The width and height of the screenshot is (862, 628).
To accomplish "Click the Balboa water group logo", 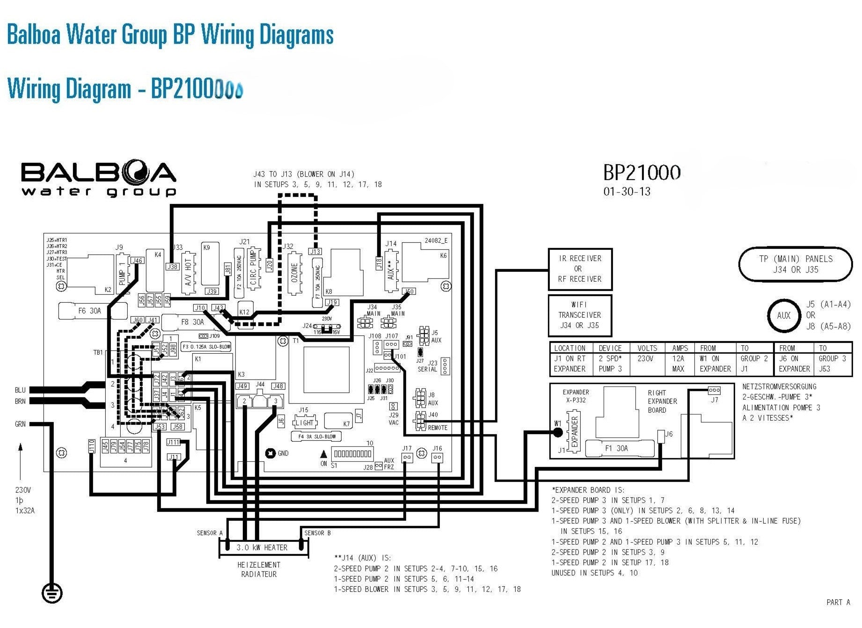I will coord(98,179).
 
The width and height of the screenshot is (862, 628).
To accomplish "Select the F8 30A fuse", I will coord(192,322).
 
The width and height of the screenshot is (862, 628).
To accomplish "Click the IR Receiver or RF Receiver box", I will coord(580,269).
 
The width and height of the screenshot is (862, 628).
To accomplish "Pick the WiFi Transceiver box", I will coord(579,315).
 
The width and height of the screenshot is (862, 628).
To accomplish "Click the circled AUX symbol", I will coord(783,315).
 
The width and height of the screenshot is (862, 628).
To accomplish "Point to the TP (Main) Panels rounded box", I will coord(795,264).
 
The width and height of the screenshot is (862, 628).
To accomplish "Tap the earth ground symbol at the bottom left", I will coord(51,593).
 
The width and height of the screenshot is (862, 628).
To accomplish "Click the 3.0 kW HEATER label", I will coord(262,548).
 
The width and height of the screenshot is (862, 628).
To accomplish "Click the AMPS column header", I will coord(679,348).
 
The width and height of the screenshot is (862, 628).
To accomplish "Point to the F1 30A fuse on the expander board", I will coord(616,448).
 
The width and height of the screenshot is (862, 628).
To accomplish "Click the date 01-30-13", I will coord(627,191).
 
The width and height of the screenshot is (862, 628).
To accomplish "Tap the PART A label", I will coord(838,602).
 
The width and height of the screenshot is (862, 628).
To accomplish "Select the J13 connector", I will coord(315,252).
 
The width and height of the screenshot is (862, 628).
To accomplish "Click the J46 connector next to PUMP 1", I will coord(137,261).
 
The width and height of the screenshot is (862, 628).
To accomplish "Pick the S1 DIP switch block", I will coord(352,453).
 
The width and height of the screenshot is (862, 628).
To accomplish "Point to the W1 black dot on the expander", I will coord(557,432).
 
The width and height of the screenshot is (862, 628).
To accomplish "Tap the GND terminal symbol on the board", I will coord(270,453).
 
